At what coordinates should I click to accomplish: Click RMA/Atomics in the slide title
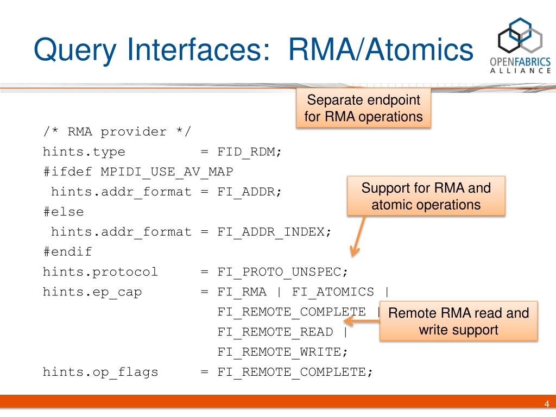[x=381, y=50]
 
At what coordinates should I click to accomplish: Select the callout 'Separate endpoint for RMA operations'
[x=363, y=109]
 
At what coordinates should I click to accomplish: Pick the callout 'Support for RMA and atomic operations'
[x=426, y=196]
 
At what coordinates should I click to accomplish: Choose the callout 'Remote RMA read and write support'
[x=458, y=321]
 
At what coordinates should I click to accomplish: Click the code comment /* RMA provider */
[x=117, y=132]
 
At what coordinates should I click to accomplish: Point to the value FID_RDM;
[x=250, y=151]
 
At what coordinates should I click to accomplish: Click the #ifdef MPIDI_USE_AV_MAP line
[x=138, y=172]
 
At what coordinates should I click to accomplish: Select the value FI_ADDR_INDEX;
[x=274, y=232]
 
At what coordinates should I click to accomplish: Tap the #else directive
[x=64, y=212]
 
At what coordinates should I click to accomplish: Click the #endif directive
[x=67, y=252]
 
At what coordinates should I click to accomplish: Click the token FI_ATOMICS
[x=333, y=292]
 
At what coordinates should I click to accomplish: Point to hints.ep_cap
[x=92, y=292]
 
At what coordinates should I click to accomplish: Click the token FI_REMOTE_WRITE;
[x=282, y=352]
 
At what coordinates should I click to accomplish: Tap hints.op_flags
[x=100, y=372]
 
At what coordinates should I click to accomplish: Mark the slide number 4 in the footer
[x=547, y=404]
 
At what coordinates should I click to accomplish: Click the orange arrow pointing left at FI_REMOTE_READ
[x=362, y=321]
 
